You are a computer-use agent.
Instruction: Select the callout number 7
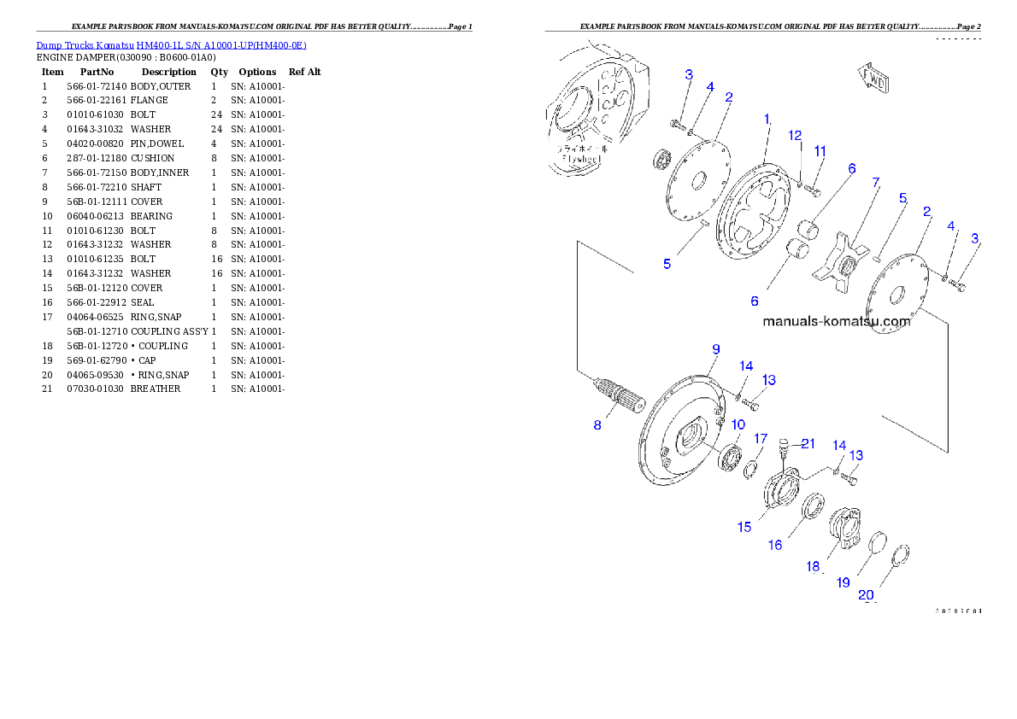point(875,183)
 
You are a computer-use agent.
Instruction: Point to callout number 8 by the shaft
point(598,424)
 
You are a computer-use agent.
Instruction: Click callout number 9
point(716,349)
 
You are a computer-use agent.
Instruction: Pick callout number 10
point(738,424)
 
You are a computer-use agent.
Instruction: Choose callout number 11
point(820,151)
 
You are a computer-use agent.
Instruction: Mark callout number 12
point(795,135)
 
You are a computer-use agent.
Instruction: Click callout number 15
point(744,527)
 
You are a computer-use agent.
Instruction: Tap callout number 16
point(774,545)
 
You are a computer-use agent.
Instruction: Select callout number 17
point(760,439)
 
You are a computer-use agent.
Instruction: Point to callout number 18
point(813,566)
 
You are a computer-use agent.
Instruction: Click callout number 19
point(843,582)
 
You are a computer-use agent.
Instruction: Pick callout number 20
point(866,595)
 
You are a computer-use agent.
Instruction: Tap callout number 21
point(808,443)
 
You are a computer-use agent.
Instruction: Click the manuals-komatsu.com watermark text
point(836,322)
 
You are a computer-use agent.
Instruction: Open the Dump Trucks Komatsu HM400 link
point(171,45)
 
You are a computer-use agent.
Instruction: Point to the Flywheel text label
point(579,154)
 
